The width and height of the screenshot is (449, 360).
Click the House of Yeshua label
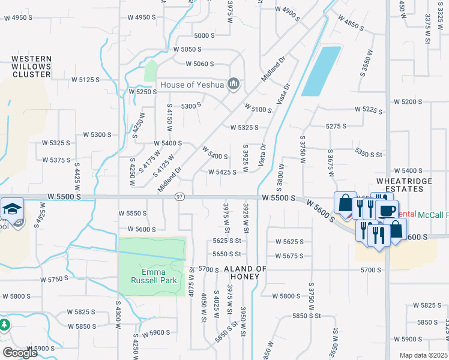191,85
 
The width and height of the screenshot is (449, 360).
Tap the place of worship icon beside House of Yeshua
234,83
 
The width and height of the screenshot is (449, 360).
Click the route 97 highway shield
179,197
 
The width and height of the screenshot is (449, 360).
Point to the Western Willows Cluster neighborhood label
31,67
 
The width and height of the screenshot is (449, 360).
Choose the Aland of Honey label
244,273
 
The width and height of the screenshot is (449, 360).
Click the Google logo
20,353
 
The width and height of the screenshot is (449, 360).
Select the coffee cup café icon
387,211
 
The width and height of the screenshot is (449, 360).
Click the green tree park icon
5,325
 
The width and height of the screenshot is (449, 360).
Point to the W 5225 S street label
369,109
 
